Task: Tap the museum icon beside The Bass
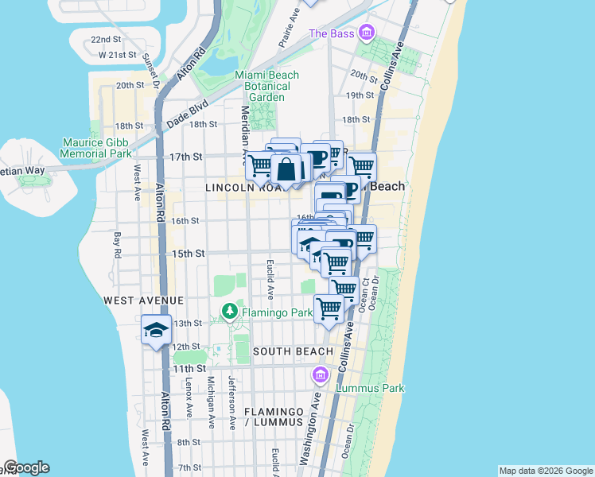pos(366,33)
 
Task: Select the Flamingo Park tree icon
pos(230,311)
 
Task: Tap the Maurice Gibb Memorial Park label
pos(96,148)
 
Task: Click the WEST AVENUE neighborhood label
pos(143,301)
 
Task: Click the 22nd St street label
pos(105,39)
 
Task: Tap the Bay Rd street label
pos(117,245)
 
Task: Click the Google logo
pos(26,467)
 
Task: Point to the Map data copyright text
pos(545,471)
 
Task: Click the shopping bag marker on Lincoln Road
pos(286,168)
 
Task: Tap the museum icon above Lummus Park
pos(321,374)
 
